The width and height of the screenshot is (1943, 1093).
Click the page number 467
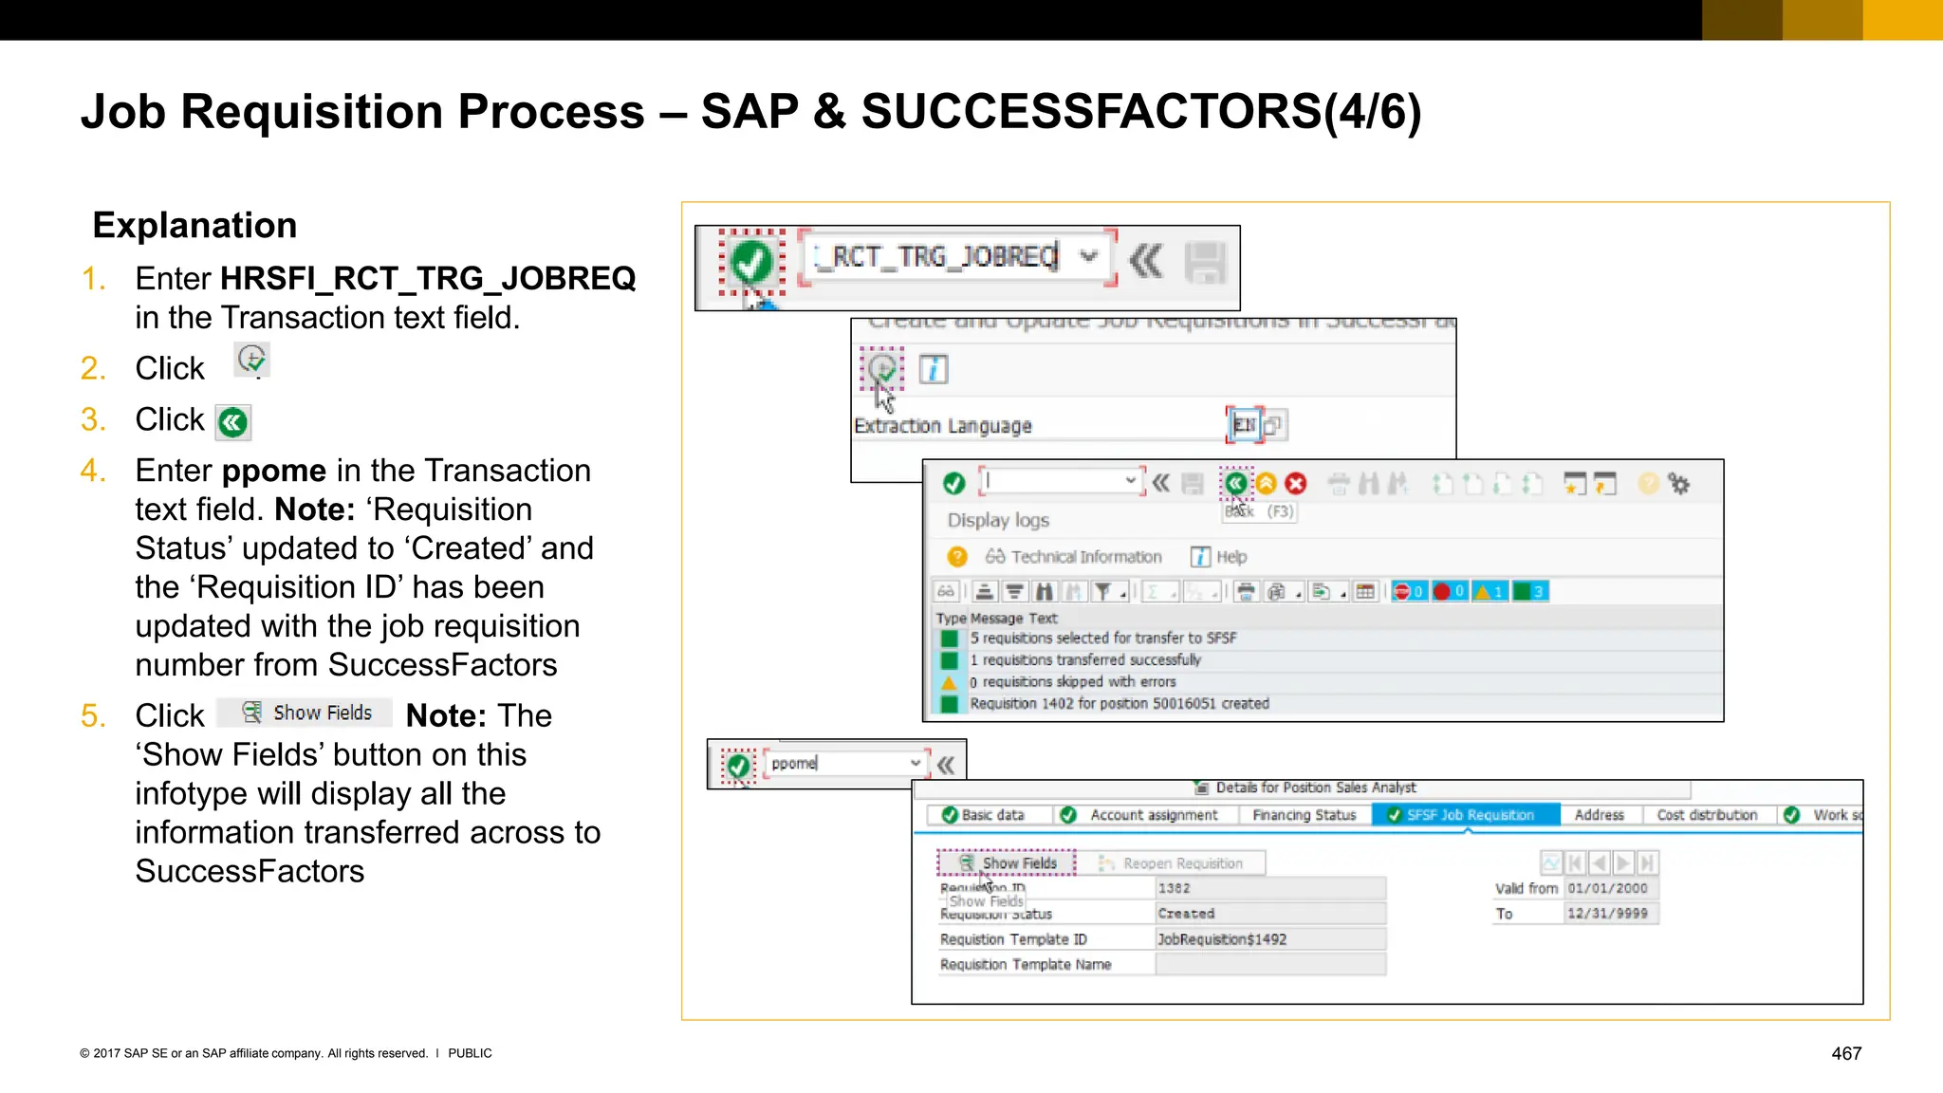[x=1845, y=1053]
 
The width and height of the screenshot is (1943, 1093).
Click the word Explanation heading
[x=194, y=226]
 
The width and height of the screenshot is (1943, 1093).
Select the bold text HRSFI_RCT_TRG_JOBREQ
[x=428, y=278]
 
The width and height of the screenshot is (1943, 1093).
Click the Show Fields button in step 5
[x=305, y=713]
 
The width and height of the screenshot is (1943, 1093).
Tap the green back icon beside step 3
[x=232, y=422]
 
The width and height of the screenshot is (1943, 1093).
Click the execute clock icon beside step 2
[x=251, y=360]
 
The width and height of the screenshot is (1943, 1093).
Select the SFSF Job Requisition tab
[x=1466, y=815]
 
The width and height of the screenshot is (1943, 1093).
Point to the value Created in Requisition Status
[x=1186, y=914]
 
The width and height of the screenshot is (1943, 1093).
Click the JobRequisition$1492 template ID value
[x=1222, y=939]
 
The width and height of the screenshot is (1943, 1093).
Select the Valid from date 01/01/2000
[x=1607, y=888]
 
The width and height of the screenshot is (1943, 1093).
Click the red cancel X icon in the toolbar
[x=1296, y=484]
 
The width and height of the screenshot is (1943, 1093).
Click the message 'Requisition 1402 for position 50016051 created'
[x=1119, y=704]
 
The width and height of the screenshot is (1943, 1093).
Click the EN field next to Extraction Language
[x=1244, y=425]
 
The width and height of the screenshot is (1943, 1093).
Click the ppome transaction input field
[x=840, y=763]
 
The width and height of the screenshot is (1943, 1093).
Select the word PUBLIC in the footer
[x=470, y=1053]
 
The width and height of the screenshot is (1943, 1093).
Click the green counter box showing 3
[x=1530, y=592]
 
